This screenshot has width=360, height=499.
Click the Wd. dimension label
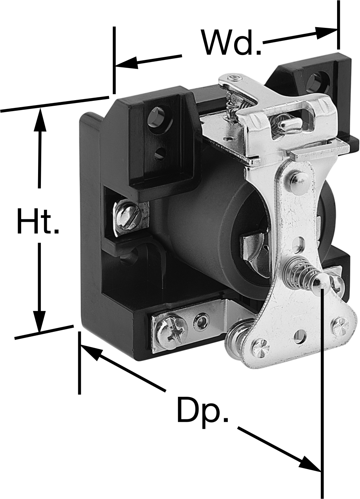coord(232,43)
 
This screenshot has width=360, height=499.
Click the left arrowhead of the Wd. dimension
coord(126,63)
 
